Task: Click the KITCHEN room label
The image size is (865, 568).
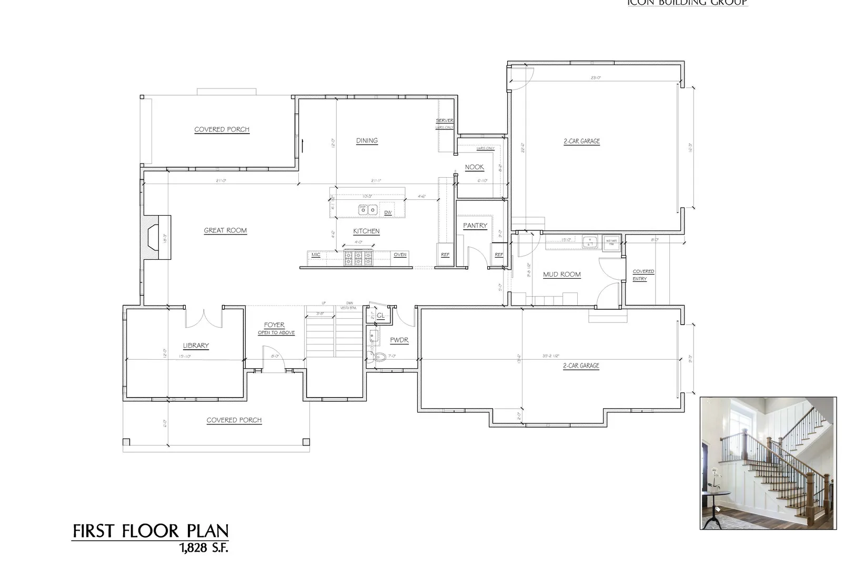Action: (366, 231)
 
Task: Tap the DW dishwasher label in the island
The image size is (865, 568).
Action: (388, 212)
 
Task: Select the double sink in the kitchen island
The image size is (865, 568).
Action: (367, 210)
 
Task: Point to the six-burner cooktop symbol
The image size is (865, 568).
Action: (358, 258)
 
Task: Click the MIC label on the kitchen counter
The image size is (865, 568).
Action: (316, 255)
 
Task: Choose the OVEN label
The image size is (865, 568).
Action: (400, 255)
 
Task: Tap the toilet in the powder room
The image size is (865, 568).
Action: (380, 360)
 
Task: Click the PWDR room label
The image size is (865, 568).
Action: (399, 340)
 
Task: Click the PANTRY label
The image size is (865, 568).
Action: (475, 226)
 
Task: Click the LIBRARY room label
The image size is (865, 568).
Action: (196, 346)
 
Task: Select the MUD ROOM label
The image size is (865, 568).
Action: (561, 274)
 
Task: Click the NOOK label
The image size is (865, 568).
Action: (474, 167)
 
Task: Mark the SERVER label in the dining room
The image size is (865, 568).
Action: (445, 121)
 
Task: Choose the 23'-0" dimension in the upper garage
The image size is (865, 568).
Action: (596, 78)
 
